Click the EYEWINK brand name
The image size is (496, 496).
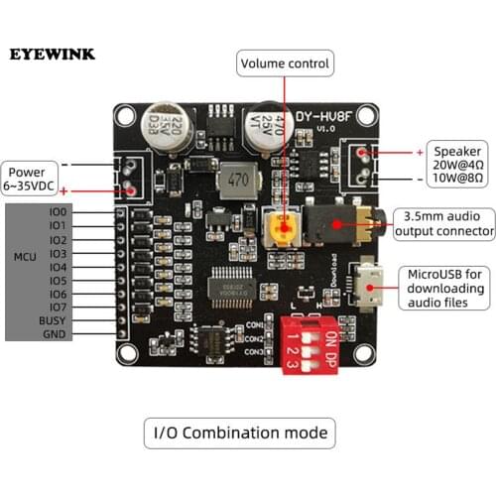click(55, 53)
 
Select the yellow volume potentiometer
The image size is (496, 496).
click(281, 227)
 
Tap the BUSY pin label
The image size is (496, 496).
click(52, 321)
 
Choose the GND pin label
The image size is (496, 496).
click(55, 335)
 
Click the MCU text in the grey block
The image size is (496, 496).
click(24, 258)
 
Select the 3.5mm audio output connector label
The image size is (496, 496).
click(444, 223)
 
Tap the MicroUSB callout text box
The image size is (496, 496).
click(444, 288)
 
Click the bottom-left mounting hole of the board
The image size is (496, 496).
click(125, 352)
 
